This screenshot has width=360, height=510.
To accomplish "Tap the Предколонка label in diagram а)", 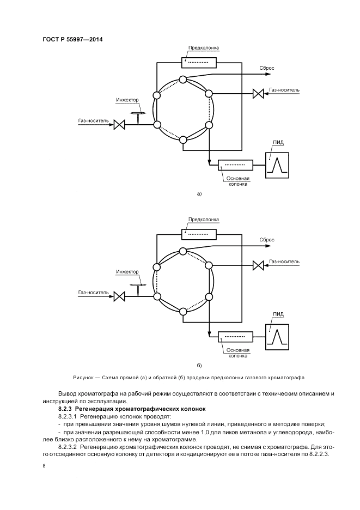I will coord(203,48).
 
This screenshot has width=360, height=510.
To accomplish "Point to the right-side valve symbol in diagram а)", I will coord(258,94).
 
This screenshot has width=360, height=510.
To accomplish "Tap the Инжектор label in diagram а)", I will coord(127,100).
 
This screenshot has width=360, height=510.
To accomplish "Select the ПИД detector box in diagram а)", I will coord(277,165).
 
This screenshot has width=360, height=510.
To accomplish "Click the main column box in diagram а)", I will coord(235,165).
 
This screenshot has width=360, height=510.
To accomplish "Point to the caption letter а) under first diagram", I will coord(199,193).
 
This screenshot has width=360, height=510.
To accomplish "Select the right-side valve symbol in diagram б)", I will coord(258,266).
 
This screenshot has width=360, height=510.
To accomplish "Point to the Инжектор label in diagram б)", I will coord(127,272).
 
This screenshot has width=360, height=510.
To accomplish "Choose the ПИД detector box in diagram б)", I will coord(277,336).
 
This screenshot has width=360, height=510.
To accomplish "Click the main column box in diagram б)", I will coord(235,336).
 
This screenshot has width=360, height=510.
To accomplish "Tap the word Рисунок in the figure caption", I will coord(83,377).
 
